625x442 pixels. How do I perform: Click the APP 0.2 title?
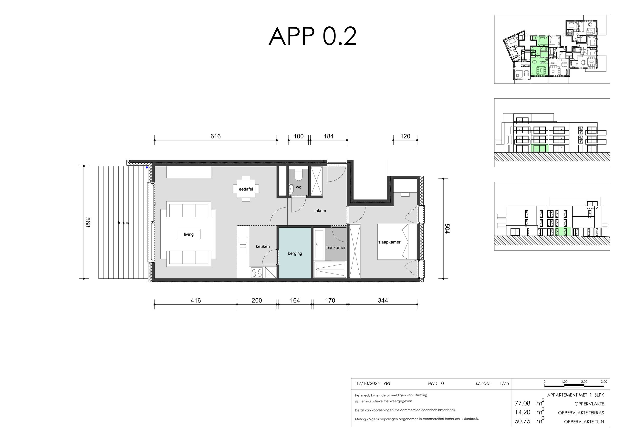(312, 36)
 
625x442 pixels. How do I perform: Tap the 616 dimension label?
(215, 136)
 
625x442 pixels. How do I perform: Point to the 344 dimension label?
(383, 300)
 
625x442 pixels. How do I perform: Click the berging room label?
(295, 253)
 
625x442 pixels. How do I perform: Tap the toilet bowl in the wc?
(298, 175)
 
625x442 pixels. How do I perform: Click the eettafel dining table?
(246, 189)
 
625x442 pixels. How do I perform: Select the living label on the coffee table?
(189, 234)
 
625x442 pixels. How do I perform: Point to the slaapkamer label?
(389, 242)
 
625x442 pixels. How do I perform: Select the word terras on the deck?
(123, 223)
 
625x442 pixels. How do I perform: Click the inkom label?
(320, 211)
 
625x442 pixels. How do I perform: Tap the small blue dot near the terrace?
(147, 168)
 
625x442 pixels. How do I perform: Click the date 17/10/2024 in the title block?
(368, 383)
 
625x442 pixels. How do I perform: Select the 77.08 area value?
(522, 403)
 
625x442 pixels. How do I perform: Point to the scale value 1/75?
(504, 383)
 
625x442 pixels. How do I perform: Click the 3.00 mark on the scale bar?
(604, 381)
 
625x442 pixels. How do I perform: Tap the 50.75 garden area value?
(522, 421)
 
